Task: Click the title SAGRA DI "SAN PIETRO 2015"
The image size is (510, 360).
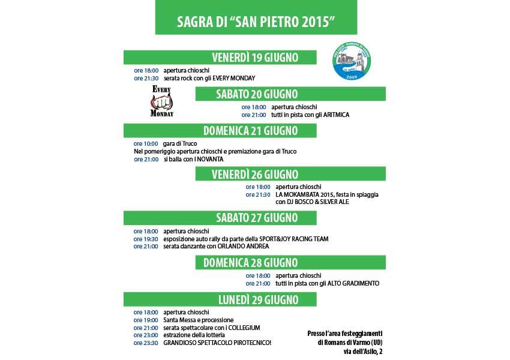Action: (x=256, y=22)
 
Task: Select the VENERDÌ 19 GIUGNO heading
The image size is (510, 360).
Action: (x=255, y=58)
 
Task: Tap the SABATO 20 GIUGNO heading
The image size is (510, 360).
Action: (x=256, y=94)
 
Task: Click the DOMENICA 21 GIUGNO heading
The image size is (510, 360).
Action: (x=250, y=131)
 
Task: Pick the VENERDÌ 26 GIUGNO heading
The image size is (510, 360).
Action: (x=255, y=174)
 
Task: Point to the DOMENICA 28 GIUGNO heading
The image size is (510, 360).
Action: (x=250, y=262)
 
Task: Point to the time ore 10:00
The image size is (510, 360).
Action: (x=146, y=143)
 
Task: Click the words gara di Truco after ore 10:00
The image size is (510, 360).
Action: (x=179, y=143)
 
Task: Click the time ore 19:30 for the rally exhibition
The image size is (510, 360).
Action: (x=146, y=239)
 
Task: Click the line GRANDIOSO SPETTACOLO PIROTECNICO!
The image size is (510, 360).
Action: (x=217, y=343)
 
